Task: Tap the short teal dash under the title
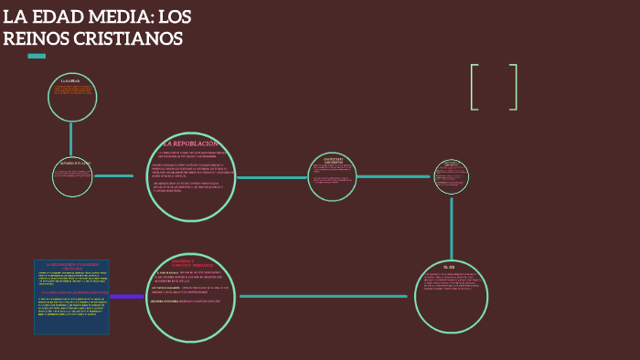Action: click(x=37, y=56)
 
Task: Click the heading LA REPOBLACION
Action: click(x=191, y=143)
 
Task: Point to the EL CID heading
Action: click(x=450, y=267)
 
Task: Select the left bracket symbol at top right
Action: click(x=475, y=88)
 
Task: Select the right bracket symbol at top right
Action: click(x=514, y=88)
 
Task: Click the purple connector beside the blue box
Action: click(x=126, y=296)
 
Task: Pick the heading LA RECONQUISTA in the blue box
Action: click(x=71, y=264)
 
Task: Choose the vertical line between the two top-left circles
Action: click(x=70, y=139)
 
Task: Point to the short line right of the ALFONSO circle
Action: click(x=113, y=175)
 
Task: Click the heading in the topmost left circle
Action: click(x=70, y=81)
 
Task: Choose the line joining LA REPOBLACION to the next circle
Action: click(x=272, y=177)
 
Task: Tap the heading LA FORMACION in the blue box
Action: click(x=71, y=292)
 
